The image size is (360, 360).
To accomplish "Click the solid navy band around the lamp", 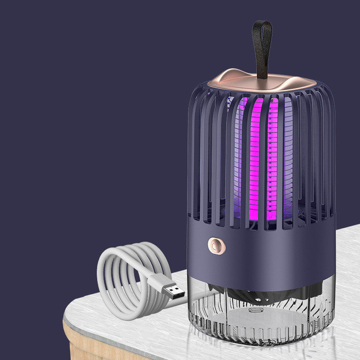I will [270, 252].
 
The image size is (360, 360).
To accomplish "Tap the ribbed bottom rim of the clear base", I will [261, 333].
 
